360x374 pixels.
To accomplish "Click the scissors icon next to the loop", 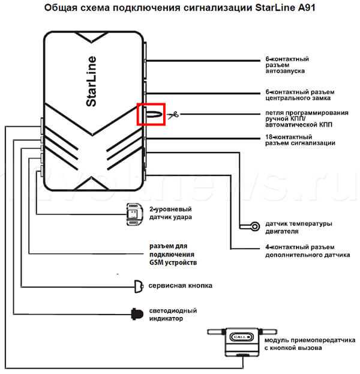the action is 173,115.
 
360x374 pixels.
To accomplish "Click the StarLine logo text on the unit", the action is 91,81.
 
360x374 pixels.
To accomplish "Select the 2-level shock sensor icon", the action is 135,214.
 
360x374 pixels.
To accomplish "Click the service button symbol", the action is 139,286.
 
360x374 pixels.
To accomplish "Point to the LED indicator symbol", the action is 137,314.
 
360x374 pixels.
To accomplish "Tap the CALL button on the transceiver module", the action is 241,337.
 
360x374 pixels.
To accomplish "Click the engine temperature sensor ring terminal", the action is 255,226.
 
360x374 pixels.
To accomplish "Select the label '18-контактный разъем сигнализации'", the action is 300,140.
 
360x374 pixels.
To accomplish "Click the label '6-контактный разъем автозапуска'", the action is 287,65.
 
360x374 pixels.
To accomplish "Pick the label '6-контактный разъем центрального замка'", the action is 300,95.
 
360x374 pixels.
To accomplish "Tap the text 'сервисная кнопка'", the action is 180,286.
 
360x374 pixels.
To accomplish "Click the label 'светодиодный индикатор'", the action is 173,315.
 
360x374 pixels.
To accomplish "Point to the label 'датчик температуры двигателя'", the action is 298,228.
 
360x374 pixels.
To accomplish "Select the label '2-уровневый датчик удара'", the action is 170,213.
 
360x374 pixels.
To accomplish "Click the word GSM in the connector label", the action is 157,262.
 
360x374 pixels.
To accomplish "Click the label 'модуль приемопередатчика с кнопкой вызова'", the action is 310,344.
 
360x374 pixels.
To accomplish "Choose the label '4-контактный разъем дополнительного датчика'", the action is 308,251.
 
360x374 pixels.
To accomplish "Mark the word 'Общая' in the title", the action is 61,8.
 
